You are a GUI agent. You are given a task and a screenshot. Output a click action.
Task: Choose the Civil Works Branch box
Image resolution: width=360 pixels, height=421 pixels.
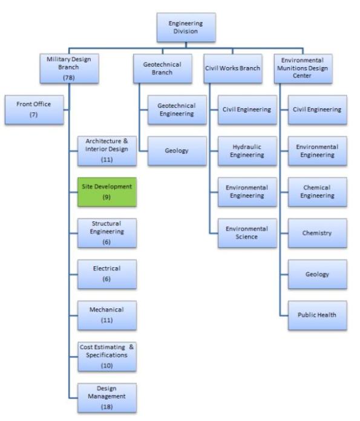pyautogui.click(x=233, y=68)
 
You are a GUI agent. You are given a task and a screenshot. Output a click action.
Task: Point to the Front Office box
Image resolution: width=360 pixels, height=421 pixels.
pyautogui.click(x=33, y=109)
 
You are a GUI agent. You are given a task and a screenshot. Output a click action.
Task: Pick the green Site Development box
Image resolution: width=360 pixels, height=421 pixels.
pyautogui.click(x=106, y=192)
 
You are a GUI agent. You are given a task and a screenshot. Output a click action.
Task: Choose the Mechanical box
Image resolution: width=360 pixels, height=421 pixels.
pyautogui.click(x=106, y=315)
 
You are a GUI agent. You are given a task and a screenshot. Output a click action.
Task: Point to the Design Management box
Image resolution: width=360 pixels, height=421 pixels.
pyautogui.click(x=106, y=397)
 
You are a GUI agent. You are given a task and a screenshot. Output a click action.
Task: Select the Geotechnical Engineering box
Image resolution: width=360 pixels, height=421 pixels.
pyautogui.click(x=177, y=109)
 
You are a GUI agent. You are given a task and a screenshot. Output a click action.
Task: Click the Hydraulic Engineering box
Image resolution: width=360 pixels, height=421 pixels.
pyautogui.click(x=247, y=151)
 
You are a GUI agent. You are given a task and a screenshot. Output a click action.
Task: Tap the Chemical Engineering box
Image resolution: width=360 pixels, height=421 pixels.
pyautogui.click(x=316, y=192)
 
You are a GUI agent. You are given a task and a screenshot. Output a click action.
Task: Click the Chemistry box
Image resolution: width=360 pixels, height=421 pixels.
pyautogui.click(x=316, y=233)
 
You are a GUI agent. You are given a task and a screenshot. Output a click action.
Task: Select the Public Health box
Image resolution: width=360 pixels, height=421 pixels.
pyautogui.click(x=316, y=315)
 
